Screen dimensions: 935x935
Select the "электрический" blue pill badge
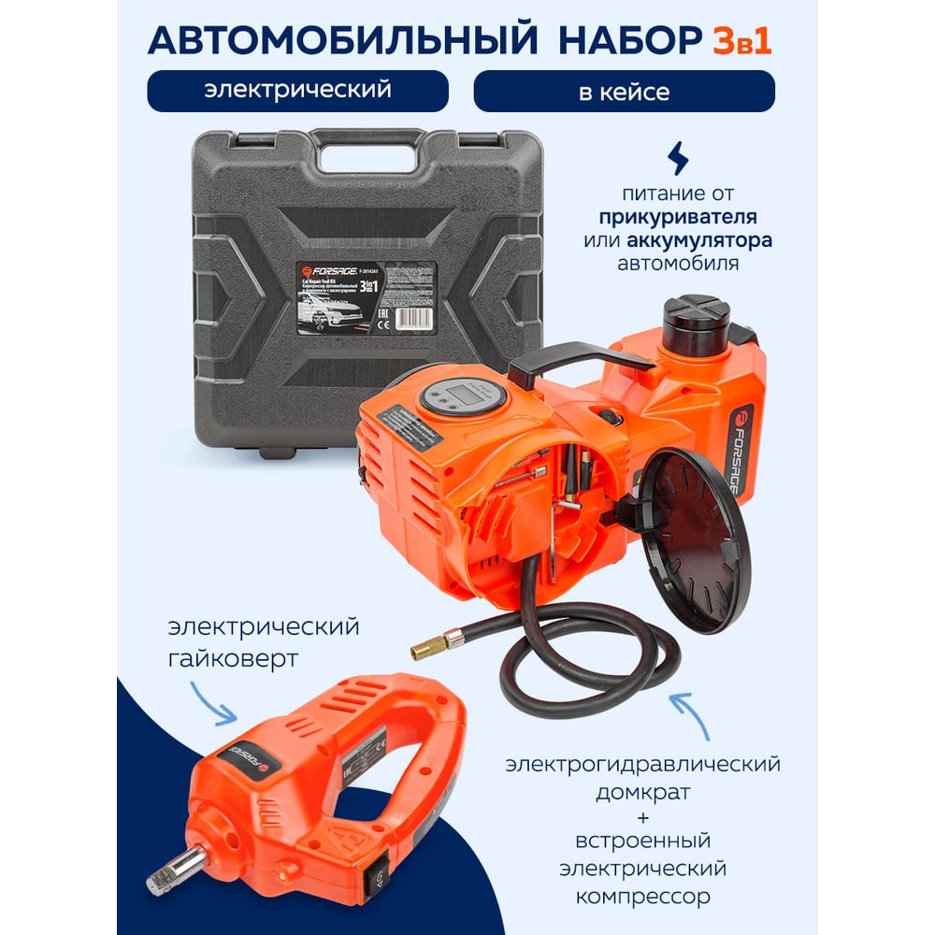297,91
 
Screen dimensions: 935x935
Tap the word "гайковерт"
235,659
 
